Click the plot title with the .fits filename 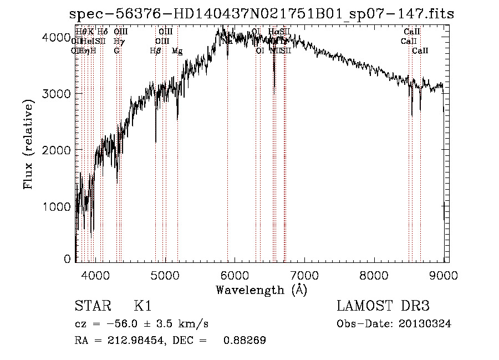pos(261,14)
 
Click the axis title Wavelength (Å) pos(261,289)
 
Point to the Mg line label pos(177,50)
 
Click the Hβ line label pos(155,50)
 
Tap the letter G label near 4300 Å pos(116,50)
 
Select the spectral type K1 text pos(142,306)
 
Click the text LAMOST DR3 pos(383,306)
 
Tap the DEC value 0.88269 pos(245,341)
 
